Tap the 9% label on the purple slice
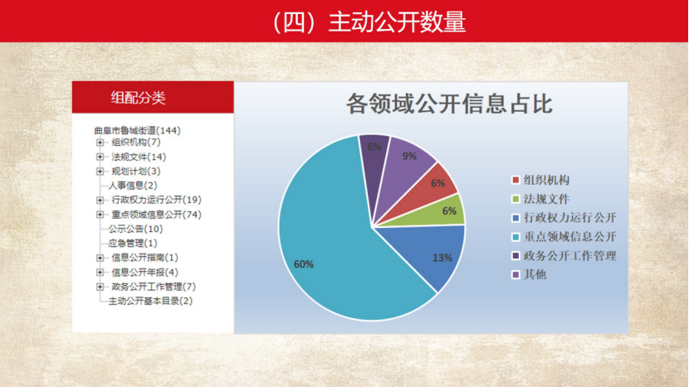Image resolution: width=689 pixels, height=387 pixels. (409, 156)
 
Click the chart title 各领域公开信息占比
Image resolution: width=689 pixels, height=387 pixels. (448, 104)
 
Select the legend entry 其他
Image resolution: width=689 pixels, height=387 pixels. (529, 274)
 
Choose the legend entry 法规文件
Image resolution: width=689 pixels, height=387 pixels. (540, 199)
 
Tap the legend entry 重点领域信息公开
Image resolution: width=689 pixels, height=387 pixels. (564, 237)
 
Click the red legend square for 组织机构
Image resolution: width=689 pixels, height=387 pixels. (516, 181)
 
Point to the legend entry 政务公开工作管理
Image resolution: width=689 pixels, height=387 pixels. (564, 256)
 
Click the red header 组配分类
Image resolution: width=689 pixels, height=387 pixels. (139, 98)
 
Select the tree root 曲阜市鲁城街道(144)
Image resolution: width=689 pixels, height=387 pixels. (137, 130)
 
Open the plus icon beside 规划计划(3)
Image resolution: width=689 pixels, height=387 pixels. (100, 171)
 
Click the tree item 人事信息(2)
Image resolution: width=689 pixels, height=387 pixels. (133, 186)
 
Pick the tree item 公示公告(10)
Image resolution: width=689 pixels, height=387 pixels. (135, 229)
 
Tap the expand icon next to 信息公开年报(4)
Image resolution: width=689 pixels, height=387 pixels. (100, 273)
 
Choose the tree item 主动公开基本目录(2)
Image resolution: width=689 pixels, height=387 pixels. (150, 301)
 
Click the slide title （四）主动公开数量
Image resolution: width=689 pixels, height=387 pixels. (369, 22)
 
